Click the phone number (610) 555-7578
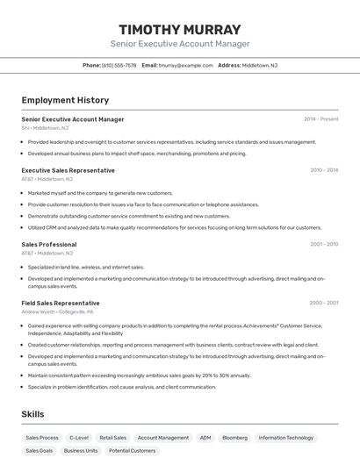[x=119, y=65]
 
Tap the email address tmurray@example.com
[x=185, y=65]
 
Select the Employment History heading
[x=65, y=100]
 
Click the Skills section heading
[x=33, y=413]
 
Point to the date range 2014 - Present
[x=320, y=119]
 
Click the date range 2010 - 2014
[x=324, y=170]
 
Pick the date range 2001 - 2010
[x=324, y=245]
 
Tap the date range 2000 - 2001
[x=324, y=303]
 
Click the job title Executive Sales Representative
[x=68, y=170]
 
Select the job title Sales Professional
[x=49, y=245]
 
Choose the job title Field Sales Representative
[x=61, y=303]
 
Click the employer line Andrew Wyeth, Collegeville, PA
[x=57, y=311]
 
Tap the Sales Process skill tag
[x=42, y=437]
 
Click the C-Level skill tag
[x=79, y=437]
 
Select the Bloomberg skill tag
[x=234, y=437]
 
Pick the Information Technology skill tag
[x=285, y=437]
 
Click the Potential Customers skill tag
[x=132, y=450]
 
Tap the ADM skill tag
[x=205, y=437]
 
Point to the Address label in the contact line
[x=229, y=65]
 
